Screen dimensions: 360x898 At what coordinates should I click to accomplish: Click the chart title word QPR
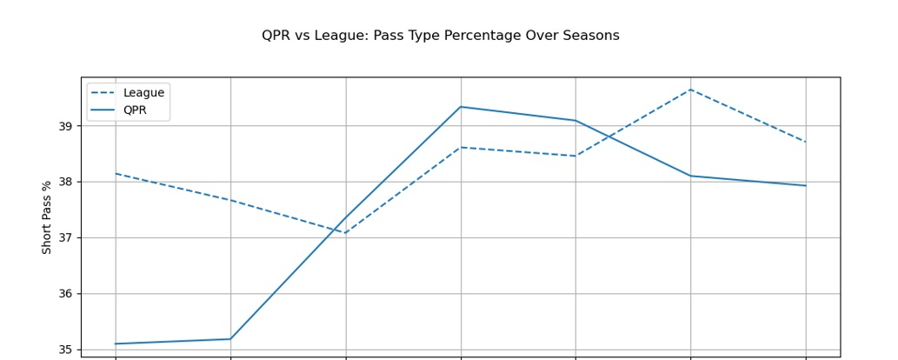tap(276, 36)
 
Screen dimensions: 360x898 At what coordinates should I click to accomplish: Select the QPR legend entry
tap(135, 110)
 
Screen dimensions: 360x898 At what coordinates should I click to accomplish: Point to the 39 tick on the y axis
tap(65, 126)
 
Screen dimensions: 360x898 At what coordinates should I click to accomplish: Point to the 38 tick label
tap(65, 182)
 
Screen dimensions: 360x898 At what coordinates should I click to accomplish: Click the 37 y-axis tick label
tap(65, 237)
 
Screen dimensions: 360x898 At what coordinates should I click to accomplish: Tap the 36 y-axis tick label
tap(65, 294)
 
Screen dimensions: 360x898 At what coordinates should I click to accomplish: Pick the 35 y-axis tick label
tap(65, 350)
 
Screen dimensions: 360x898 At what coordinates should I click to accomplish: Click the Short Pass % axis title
tap(47, 217)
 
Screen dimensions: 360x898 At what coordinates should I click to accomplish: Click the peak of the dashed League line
tap(690, 90)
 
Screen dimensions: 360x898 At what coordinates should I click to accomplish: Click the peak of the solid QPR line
tap(461, 107)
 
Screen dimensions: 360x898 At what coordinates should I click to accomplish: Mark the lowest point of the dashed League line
tap(345, 233)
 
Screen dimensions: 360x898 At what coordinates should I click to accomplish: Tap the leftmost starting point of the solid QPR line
tap(116, 343)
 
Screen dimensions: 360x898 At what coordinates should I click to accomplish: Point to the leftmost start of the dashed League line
tap(116, 173)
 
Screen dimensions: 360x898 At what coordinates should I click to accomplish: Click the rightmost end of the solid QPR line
tap(806, 185)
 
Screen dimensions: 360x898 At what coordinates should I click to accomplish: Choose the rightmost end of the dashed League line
tap(806, 142)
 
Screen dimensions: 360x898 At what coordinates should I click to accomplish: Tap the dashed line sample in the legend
tap(103, 93)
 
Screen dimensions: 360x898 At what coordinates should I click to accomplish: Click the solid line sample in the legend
tap(103, 110)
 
